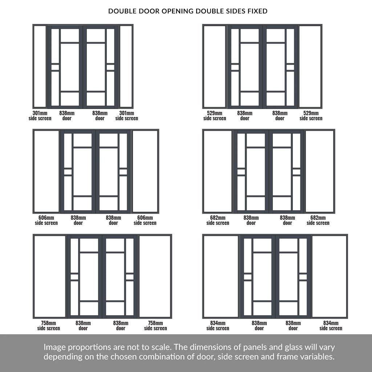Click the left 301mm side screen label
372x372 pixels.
click(x=40, y=116)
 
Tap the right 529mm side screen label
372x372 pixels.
click(x=311, y=116)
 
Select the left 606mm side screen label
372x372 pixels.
click(x=46, y=220)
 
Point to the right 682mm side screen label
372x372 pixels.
click(x=318, y=220)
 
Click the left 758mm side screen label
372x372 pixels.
click(x=48, y=325)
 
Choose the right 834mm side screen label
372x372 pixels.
click(x=331, y=325)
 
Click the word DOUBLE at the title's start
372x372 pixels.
click(x=122, y=11)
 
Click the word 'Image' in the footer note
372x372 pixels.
click(x=55, y=348)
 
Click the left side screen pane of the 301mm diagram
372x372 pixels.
click(x=40, y=66)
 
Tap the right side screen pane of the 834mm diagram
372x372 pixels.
click(x=329, y=276)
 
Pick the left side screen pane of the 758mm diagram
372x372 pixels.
click(x=50, y=276)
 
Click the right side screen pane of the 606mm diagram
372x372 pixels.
click(x=145, y=171)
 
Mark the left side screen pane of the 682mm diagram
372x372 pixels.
click(x=218, y=171)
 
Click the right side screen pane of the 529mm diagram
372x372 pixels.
click(x=310, y=66)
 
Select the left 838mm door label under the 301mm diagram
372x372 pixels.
click(x=67, y=116)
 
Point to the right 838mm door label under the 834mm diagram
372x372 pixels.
click(x=293, y=325)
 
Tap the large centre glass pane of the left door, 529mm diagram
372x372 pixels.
click(x=250, y=67)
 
